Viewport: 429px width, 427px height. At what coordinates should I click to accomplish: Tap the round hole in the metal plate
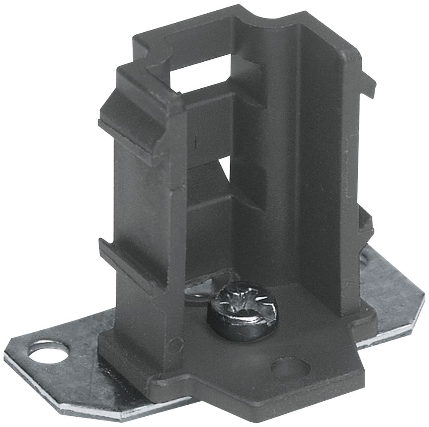pos(48,352)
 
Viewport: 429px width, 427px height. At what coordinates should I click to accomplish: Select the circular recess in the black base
pos(290,367)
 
